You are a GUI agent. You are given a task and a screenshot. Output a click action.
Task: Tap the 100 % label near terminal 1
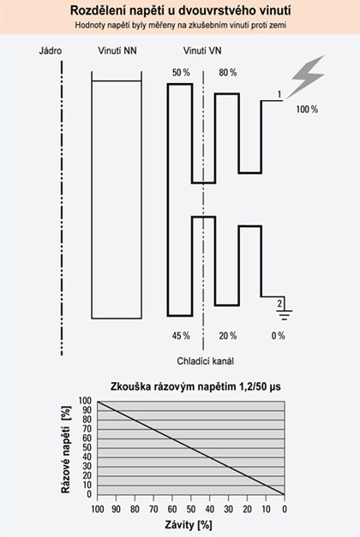(307, 110)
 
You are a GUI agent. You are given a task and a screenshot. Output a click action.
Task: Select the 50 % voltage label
(180, 74)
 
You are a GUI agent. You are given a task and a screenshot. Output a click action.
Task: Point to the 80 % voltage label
(227, 74)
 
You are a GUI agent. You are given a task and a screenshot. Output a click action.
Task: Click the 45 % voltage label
(180, 335)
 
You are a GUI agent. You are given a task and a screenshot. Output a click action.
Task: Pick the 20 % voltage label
(227, 335)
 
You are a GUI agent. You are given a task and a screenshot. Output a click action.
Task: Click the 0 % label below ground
(278, 335)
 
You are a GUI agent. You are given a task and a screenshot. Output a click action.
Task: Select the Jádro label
(51, 51)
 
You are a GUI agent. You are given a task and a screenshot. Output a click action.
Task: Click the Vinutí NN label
(116, 51)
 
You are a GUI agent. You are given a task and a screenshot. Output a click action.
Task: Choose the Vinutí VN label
(202, 51)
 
